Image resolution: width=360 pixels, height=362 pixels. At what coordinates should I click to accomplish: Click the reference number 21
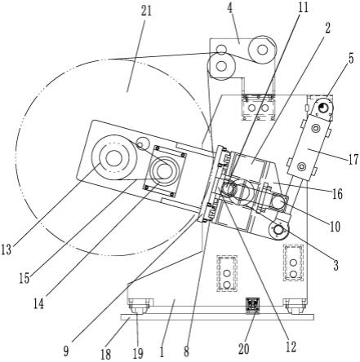pos(146,11)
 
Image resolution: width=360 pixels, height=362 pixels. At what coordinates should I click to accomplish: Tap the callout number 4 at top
pos(230,8)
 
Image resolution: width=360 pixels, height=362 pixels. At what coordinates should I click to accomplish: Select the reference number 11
pos(303,8)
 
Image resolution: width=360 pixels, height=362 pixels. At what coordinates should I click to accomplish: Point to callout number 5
pos(351,59)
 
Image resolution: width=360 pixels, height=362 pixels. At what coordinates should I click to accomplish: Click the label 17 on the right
pos(353,160)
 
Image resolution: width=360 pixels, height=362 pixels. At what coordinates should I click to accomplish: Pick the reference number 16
pos(337,194)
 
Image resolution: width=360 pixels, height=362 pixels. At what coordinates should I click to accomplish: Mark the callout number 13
pos(7,249)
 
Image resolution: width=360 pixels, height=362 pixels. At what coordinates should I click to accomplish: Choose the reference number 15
pos(24,278)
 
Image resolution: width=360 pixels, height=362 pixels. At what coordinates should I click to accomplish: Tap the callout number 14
pos(39,303)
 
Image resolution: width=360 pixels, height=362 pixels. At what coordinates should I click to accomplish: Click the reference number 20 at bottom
pos(244,349)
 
